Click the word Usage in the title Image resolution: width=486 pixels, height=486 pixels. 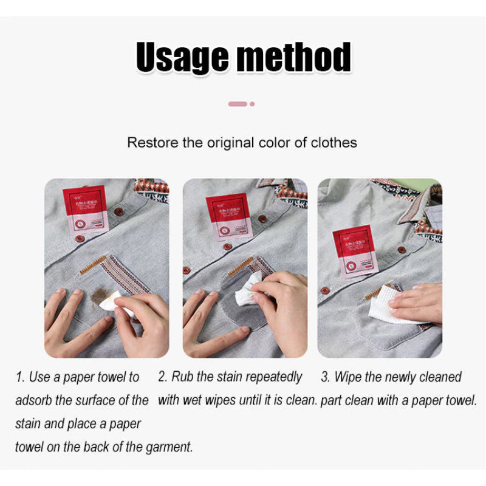coord(182,58)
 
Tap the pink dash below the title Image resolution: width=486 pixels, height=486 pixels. coord(238,104)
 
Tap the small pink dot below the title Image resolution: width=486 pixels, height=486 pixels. coord(252,104)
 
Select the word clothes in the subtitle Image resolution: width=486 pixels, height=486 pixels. coord(334,143)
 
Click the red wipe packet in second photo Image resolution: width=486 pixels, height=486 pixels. coord(229,216)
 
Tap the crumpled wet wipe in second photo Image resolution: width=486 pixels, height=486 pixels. coord(248,291)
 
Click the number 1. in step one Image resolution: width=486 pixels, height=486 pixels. coord(20,377)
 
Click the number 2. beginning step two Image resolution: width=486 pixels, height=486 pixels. coord(163,377)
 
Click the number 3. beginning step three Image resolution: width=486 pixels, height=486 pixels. coord(326,377)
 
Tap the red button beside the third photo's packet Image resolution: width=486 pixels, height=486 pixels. coord(401,250)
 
